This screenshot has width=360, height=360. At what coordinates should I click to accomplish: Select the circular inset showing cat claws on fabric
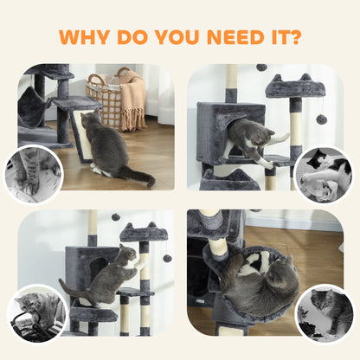tap(33, 174)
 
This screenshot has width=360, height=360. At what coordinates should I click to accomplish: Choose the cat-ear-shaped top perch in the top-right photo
tap(295, 86)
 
